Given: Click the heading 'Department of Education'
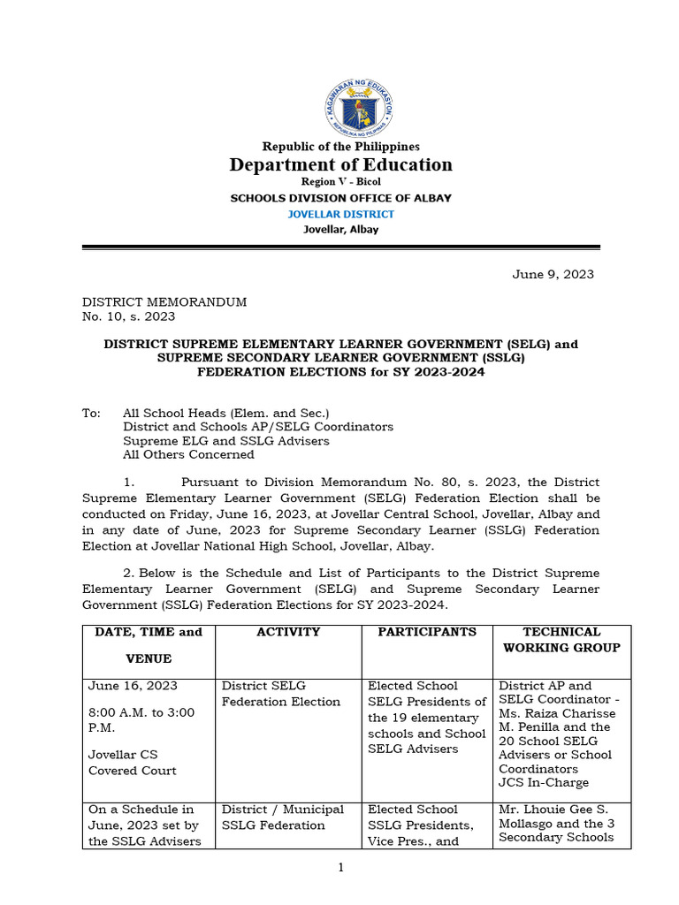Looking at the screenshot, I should tap(340, 164).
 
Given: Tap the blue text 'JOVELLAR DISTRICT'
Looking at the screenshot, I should tap(340, 214).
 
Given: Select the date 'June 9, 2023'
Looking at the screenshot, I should tap(553, 274).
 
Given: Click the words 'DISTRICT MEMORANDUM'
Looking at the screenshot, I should tap(164, 301).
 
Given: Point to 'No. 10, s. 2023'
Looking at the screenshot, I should tap(129, 316).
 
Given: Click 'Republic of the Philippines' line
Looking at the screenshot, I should tap(340, 147).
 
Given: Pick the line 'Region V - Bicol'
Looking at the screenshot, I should tap(340, 182).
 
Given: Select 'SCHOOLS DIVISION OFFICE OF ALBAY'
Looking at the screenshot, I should tap(340, 198).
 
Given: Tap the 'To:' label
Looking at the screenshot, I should tap(92, 413).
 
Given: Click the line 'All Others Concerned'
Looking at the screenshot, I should tap(188, 454).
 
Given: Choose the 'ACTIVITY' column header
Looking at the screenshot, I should tap(288, 632).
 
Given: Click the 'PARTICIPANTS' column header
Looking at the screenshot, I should tap(427, 632).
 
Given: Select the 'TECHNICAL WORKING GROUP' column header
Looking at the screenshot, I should tap(561, 640).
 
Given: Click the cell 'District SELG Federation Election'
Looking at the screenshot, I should tap(281, 694).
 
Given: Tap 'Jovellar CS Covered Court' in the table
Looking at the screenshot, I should tap(133, 763).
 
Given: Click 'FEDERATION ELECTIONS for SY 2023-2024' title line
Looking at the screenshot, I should tap(340, 372).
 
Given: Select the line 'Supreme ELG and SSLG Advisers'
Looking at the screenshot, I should tap(226, 440).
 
